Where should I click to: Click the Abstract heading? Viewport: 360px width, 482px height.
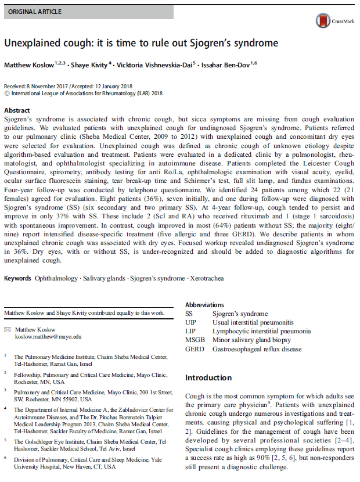[x=17, y=110]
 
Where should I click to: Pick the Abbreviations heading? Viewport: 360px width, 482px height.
[x=204, y=305]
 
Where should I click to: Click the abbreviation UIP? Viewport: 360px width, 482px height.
[x=191, y=322]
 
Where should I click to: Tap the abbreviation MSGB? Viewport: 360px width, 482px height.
[x=195, y=340]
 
